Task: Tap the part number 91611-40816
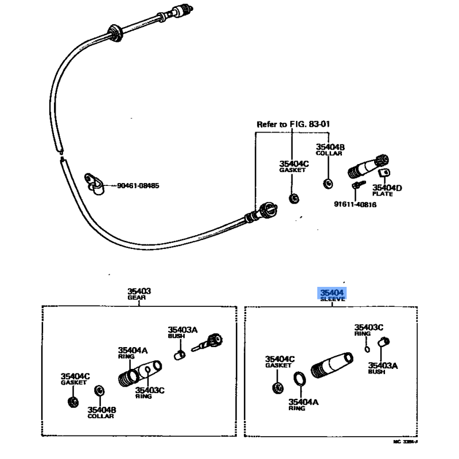point(355,204)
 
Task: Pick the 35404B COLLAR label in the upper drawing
point(330,151)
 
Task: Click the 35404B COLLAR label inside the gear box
point(102,413)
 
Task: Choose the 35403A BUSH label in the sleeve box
point(383,367)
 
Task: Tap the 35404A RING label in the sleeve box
point(303,404)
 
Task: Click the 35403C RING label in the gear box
point(150,393)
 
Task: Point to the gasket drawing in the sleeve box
point(278,388)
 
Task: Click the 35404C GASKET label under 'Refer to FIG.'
point(294,167)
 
